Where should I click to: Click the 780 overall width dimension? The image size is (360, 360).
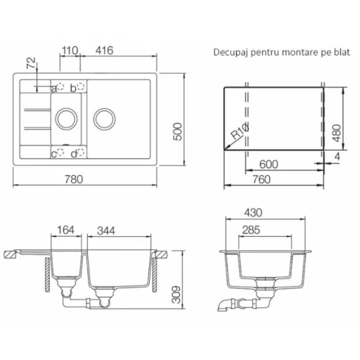pyautogui.click(x=74, y=179)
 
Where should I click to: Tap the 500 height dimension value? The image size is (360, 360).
pyautogui.click(x=178, y=131)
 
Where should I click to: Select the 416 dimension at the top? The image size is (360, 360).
pyautogui.click(x=104, y=51)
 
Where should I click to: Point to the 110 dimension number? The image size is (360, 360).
pyautogui.click(x=70, y=51)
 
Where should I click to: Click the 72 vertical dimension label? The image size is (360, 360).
pyautogui.click(x=31, y=63)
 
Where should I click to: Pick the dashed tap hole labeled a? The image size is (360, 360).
pyautogui.click(x=60, y=86)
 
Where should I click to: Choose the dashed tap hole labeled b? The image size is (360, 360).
pyautogui.click(x=81, y=86)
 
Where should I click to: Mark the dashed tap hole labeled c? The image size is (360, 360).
pyautogui.click(x=60, y=152)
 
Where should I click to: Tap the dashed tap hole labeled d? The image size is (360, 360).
pyautogui.click(x=81, y=152)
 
